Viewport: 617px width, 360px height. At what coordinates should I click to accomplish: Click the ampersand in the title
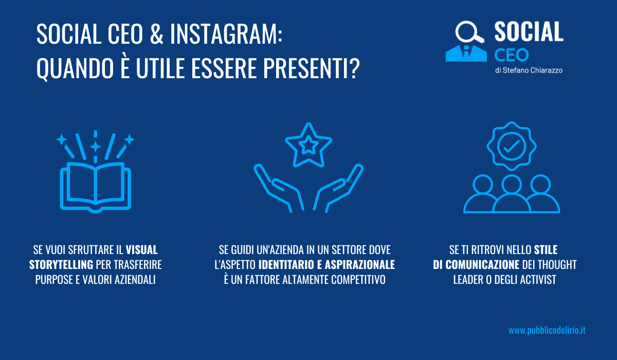pyautogui.click(x=157, y=34)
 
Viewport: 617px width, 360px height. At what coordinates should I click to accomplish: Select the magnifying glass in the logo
pyautogui.click(x=469, y=32)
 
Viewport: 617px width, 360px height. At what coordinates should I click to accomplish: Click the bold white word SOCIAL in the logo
pyautogui.click(x=529, y=31)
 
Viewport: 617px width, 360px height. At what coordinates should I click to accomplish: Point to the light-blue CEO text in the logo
pyautogui.click(x=512, y=55)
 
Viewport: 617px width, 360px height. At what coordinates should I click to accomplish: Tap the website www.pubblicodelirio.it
pyautogui.click(x=547, y=330)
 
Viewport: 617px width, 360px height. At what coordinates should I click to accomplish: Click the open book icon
pyautogui.click(x=95, y=187)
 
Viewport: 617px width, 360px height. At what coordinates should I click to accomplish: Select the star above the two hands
pyautogui.click(x=308, y=145)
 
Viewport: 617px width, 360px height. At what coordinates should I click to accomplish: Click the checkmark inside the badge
pyautogui.click(x=512, y=146)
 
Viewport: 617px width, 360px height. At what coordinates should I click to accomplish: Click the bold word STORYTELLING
pyautogui.click(x=61, y=265)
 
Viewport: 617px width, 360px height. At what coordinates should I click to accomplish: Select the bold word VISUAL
pyautogui.click(x=141, y=250)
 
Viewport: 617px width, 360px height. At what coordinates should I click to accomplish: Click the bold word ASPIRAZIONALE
pyautogui.click(x=360, y=265)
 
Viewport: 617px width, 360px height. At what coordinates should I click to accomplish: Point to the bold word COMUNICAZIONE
pyautogui.click(x=482, y=265)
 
